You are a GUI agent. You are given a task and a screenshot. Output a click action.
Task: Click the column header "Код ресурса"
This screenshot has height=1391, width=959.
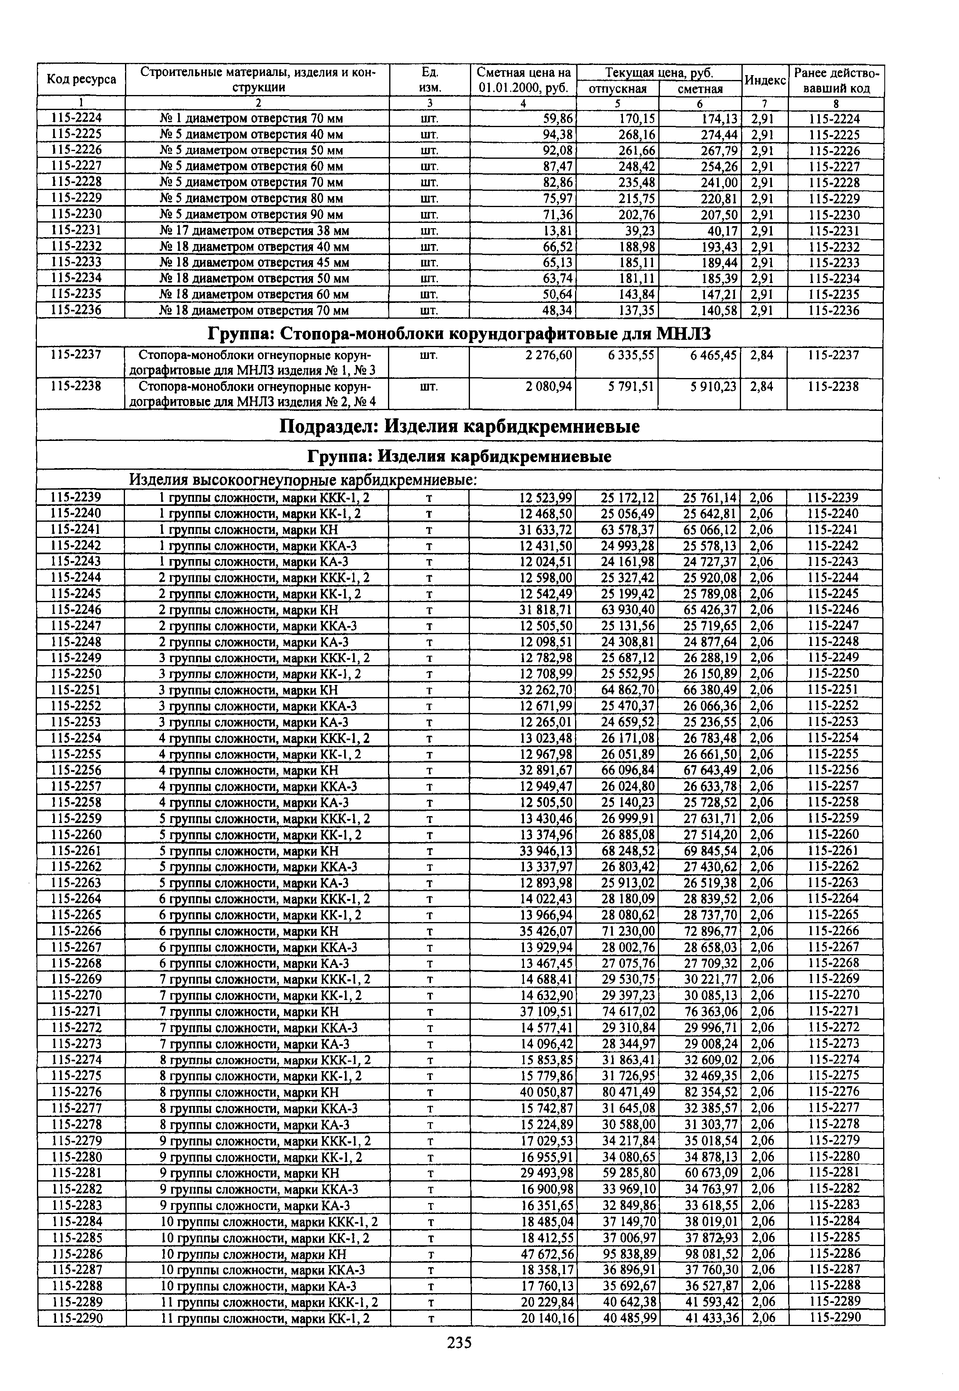pyautogui.click(x=81, y=80)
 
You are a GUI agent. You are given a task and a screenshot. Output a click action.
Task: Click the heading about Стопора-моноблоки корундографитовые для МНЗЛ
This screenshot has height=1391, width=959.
pyautogui.click(x=460, y=334)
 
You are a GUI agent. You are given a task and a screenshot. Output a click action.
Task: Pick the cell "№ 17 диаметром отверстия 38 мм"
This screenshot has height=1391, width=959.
pyautogui.click(x=255, y=231)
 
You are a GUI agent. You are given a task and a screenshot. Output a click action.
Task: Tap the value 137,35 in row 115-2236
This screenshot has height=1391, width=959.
pyautogui.click(x=637, y=311)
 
